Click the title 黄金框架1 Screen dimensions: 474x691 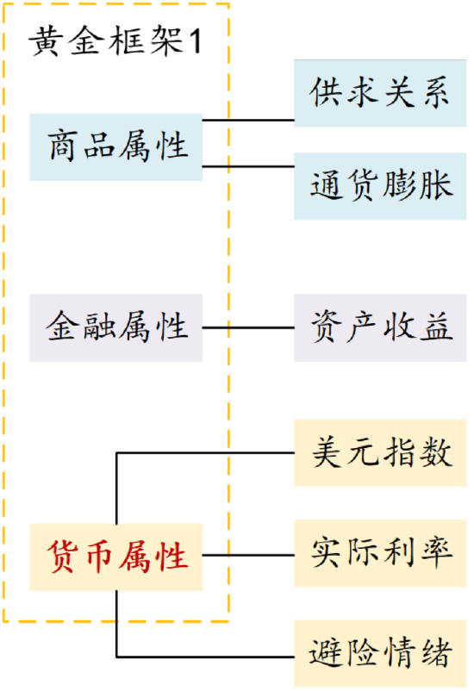(x=115, y=41)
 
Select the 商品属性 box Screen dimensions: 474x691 (x=116, y=146)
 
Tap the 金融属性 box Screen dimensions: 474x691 (x=116, y=328)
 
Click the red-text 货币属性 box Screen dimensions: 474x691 (x=116, y=557)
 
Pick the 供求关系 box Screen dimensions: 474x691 (x=380, y=93)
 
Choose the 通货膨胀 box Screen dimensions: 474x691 (x=380, y=186)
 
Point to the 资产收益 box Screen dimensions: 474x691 (x=380, y=328)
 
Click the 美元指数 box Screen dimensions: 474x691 (x=380, y=453)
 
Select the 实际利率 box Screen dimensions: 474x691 (x=380, y=553)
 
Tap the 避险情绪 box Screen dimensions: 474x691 (x=380, y=654)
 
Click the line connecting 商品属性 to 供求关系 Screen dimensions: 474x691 (x=248, y=120)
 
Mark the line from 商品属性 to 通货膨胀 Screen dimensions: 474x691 (x=248, y=166)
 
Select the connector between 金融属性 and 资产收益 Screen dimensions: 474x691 (x=248, y=328)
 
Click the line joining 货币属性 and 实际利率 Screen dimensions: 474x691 (x=248, y=555)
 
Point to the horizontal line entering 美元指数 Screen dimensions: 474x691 (x=205, y=452)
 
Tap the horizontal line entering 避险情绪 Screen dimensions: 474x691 (x=205, y=657)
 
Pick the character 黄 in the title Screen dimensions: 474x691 (x=45, y=41)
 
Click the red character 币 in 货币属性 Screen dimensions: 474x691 (x=99, y=557)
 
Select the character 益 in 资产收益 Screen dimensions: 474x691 (x=437, y=327)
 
